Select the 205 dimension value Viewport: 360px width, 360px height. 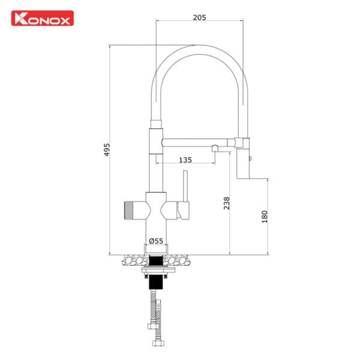pos(200,17)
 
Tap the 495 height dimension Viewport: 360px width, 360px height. pos(107,149)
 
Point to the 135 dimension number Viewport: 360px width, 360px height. pos(185,160)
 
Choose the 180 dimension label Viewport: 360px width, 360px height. pos(265,217)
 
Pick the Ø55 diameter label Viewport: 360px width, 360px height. pos(156,241)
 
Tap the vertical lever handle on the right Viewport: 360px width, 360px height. pos(185,189)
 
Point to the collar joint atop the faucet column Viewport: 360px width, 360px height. pos(155,124)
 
